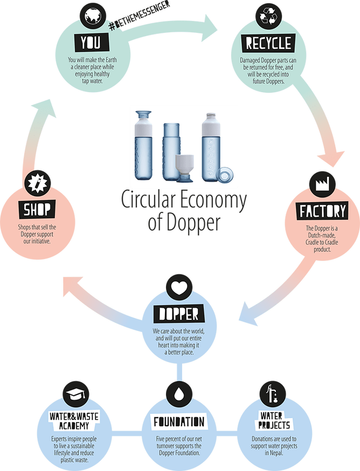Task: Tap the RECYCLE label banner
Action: click(268, 43)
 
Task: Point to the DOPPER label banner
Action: click(179, 314)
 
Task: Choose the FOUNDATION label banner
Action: click(179, 421)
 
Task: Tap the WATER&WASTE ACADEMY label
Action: click(74, 420)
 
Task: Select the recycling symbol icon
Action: click(268, 17)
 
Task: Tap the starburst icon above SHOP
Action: click(37, 182)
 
